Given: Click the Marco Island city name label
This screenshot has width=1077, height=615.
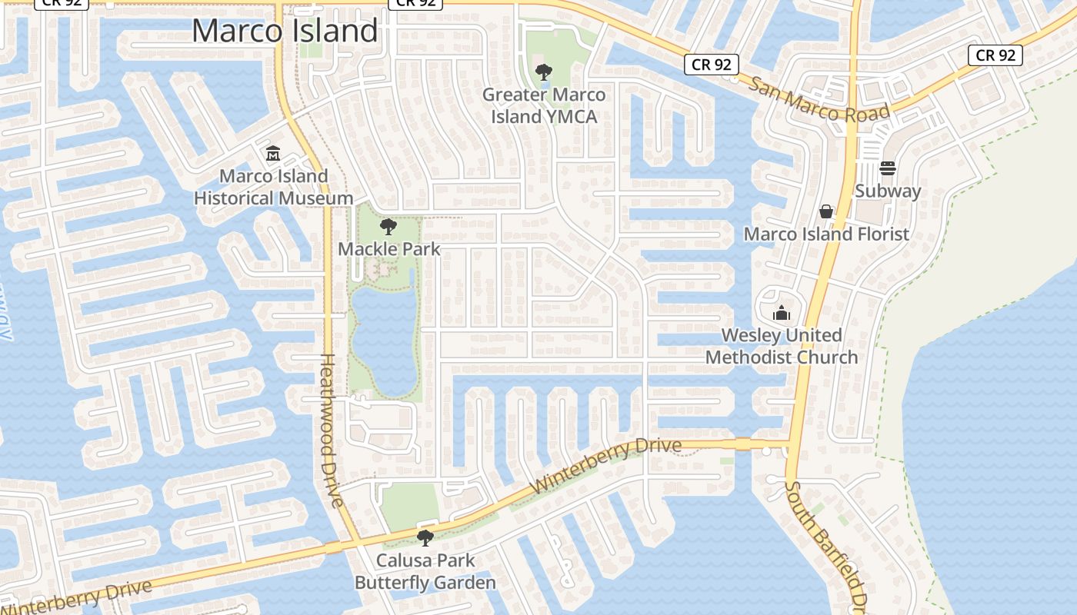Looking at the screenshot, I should [x=285, y=31].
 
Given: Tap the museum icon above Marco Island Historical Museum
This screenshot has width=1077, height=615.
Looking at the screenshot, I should [x=273, y=154].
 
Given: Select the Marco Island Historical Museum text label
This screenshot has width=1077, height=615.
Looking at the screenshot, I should [x=273, y=187].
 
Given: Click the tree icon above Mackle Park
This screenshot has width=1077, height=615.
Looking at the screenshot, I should [x=388, y=227].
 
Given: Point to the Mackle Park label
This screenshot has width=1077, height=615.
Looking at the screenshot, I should [x=389, y=249].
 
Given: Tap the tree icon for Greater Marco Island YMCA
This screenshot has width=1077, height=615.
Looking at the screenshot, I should [x=544, y=73].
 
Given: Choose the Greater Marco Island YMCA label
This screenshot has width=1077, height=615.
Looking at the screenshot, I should [x=544, y=106].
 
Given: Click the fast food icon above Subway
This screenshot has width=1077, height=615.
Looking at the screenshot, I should [x=888, y=168].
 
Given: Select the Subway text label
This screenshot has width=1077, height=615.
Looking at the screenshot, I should [x=888, y=191].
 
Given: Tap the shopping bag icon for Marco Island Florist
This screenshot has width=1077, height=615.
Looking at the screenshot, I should [x=826, y=211].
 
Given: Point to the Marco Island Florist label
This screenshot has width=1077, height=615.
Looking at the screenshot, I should [x=826, y=234].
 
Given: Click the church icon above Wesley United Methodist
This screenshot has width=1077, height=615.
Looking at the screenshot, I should [x=782, y=313].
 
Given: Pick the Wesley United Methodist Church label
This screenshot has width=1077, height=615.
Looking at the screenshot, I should [x=782, y=346].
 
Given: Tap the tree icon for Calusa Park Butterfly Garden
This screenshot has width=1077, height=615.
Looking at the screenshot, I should [x=425, y=538].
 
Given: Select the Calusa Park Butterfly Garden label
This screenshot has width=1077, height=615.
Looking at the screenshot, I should [x=425, y=572].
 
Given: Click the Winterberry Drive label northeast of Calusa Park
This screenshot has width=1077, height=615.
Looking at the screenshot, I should [x=606, y=467].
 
